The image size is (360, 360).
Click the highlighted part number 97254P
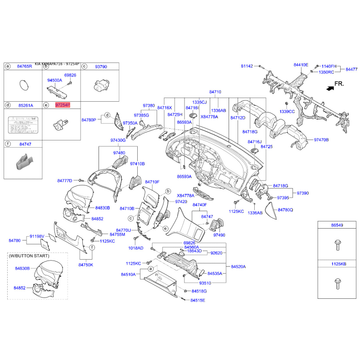(x=63, y=105)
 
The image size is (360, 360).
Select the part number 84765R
(x=25, y=66)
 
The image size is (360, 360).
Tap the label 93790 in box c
(x=101, y=66)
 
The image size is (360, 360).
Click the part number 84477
(x=351, y=69)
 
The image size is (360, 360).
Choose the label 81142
(x=247, y=66)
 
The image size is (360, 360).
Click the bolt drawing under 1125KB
(x=337, y=283)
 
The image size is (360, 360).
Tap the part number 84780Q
(x=285, y=210)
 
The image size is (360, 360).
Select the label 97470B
(x=321, y=140)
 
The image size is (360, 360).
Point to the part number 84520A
(x=238, y=266)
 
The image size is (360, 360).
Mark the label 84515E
(x=198, y=300)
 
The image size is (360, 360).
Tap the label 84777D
(x=65, y=180)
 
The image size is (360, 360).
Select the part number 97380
(x=148, y=105)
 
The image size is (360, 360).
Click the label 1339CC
(x=287, y=111)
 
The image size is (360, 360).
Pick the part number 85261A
(x=25, y=105)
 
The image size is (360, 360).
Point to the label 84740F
(x=199, y=205)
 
